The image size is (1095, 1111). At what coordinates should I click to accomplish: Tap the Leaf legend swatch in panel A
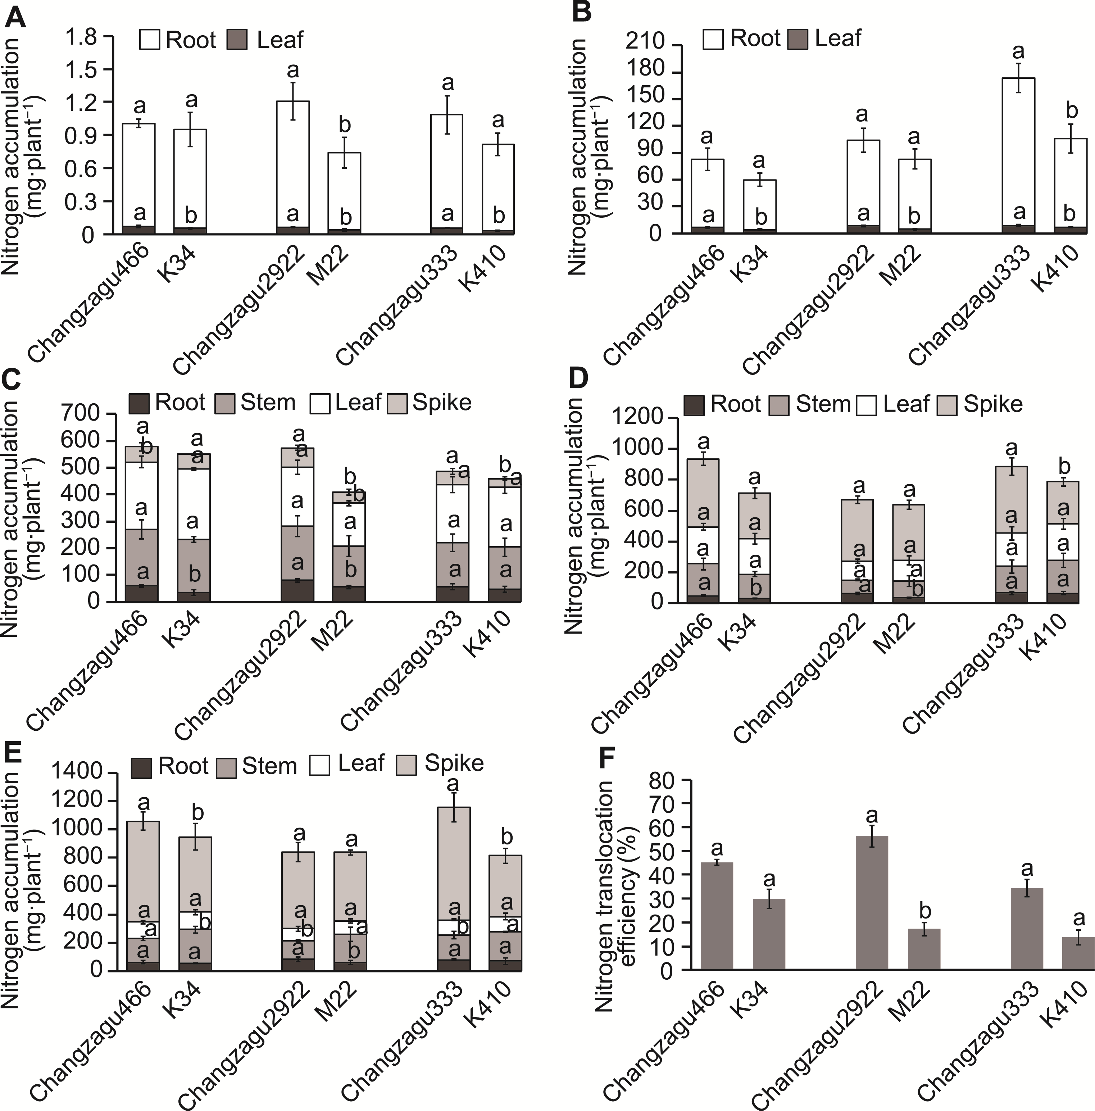[x=237, y=40]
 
